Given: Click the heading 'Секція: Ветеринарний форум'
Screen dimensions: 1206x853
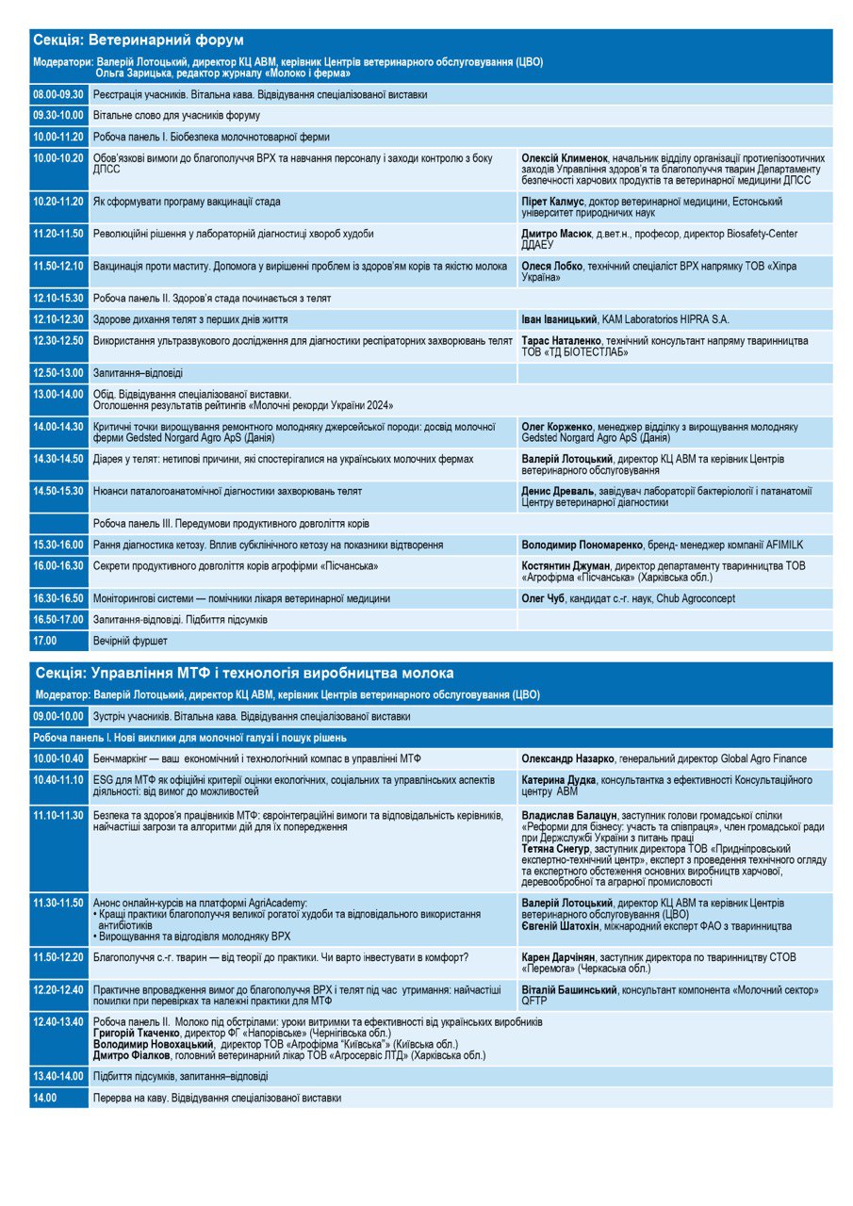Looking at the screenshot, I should pos(139,41).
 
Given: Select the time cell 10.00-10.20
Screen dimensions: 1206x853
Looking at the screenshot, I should pos(58,158).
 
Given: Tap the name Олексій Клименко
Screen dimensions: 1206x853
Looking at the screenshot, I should pos(563,158).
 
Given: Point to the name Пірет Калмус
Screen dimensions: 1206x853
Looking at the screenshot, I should pos(556,202).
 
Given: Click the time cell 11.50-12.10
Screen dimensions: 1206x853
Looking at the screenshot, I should pos(58,267).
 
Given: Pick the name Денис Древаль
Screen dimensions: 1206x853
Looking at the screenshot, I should pos(558,491).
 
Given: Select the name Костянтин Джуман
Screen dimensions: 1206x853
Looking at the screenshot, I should pos(566,565).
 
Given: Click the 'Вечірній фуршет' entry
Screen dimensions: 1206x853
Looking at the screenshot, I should pos(129,641).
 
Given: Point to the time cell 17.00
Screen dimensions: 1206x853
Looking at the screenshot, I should pos(45,641).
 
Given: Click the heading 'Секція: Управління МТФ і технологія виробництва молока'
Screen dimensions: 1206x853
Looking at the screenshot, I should pos(243,673).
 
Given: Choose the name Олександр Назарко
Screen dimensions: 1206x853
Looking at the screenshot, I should pos(571,758).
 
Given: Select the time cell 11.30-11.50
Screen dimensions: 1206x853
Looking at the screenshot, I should pos(58,903).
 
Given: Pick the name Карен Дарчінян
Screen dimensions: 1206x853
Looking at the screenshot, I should pos(562,957).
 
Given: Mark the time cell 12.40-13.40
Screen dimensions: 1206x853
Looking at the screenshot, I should pos(58,1022).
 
